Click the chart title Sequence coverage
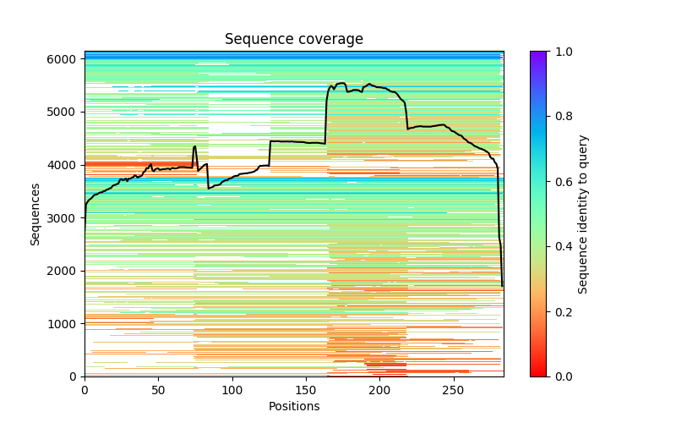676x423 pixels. click(x=294, y=40)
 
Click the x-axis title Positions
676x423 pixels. click(x=294, y=406)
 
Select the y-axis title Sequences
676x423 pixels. click(x=35, y=213)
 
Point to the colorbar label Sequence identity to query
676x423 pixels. click(x=583, y=213)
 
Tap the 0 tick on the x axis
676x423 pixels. click(x=84, y=391)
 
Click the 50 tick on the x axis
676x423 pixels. click(x=158, y=391)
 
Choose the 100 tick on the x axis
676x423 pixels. click(x=232, y=391)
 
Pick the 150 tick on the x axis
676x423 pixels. click(x=306, y=391)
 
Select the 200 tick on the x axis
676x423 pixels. click(x=380, y=391)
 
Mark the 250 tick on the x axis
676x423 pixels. click(x=454, y=391)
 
